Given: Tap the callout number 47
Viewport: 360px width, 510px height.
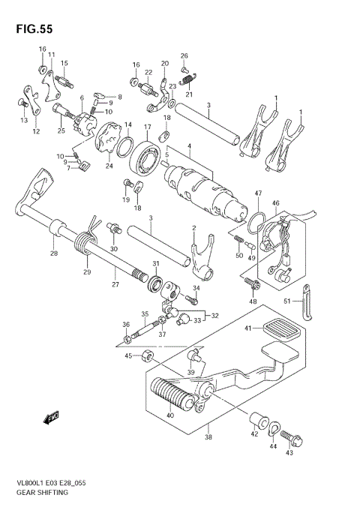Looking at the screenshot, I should [257, 193].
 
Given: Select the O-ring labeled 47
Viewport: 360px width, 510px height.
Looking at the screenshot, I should [256, 221].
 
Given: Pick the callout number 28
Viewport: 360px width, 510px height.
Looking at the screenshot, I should [52, 253].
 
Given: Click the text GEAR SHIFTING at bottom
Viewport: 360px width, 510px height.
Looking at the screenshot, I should [39, 493].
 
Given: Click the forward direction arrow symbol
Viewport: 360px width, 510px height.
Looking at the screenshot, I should [52, 415].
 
